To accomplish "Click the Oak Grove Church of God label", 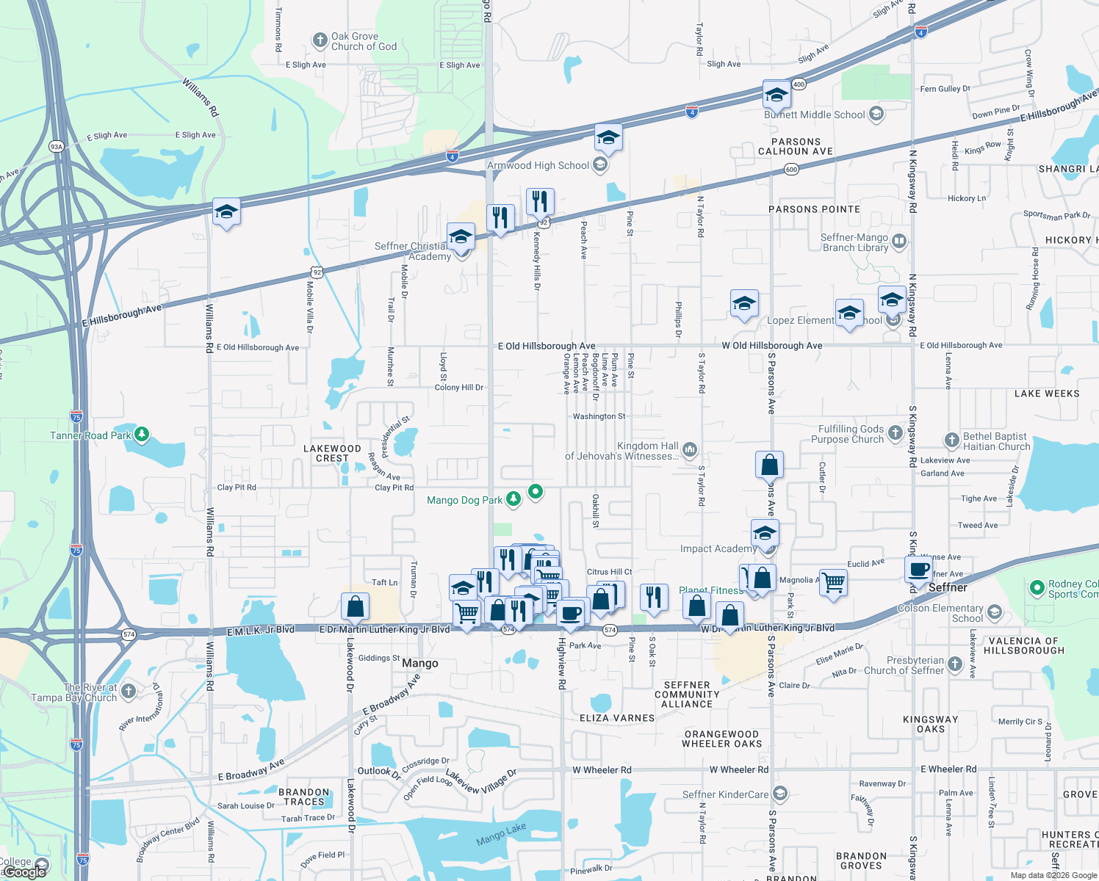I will pos(364,41).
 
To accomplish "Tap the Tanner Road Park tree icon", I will pos(142,435).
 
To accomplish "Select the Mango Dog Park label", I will pos(464,500).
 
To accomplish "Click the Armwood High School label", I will pos(538,165).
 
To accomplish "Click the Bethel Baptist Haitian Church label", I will pos(996,441).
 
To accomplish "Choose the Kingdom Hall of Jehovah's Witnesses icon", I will pos(689,449).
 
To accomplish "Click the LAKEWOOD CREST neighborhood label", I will pos(332,453).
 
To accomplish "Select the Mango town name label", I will pos(420,663).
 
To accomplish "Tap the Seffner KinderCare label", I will pos(725,794).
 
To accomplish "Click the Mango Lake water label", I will pos(501,834).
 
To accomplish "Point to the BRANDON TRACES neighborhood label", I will pos(303,797).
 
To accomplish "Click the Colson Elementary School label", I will pos(940,613).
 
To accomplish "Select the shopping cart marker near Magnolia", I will pos(833,583).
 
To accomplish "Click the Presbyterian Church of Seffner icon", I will pos(954,664).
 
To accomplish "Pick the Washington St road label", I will pos(599,416).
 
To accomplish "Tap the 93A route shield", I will pos(57,147).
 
